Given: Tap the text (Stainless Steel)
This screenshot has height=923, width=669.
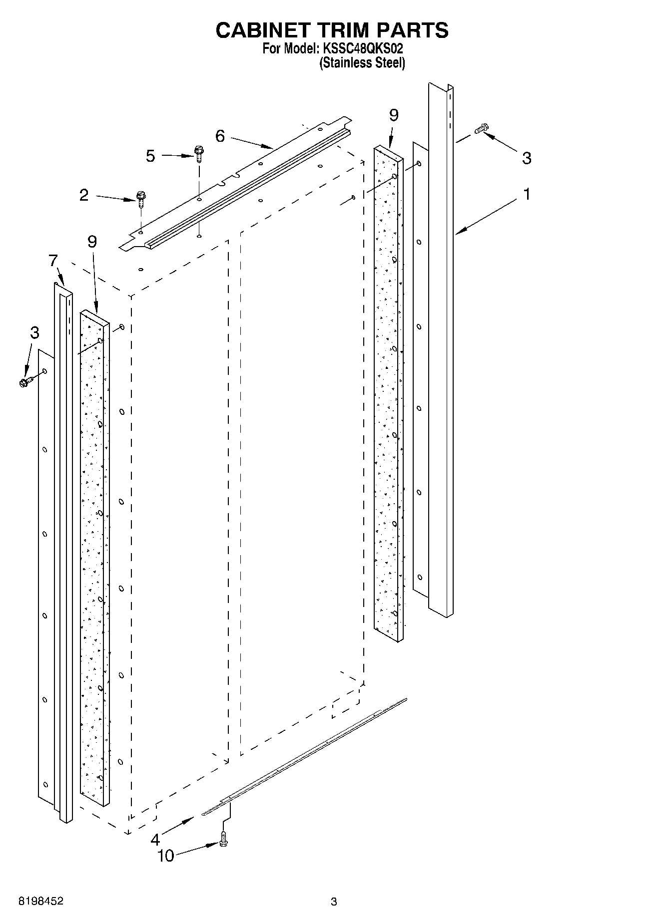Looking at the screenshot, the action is point(362,63).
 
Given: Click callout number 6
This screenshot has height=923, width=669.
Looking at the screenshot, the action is point(220,136).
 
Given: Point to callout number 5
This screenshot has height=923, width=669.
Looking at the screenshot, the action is point(150,156).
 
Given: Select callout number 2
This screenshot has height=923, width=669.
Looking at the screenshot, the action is point(84,195).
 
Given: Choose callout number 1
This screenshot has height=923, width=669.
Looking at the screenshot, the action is point(526,194).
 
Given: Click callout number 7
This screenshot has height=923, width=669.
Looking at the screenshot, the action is point(53,261).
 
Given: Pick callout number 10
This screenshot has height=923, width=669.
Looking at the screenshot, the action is point(166,856).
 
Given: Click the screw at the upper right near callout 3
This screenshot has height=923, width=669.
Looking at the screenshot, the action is point(482,128).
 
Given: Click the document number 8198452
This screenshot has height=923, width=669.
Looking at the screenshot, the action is point(41,902).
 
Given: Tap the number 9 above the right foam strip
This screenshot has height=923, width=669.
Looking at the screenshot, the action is point(394,115).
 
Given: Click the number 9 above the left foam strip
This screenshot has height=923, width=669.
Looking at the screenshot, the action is point(92,242).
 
